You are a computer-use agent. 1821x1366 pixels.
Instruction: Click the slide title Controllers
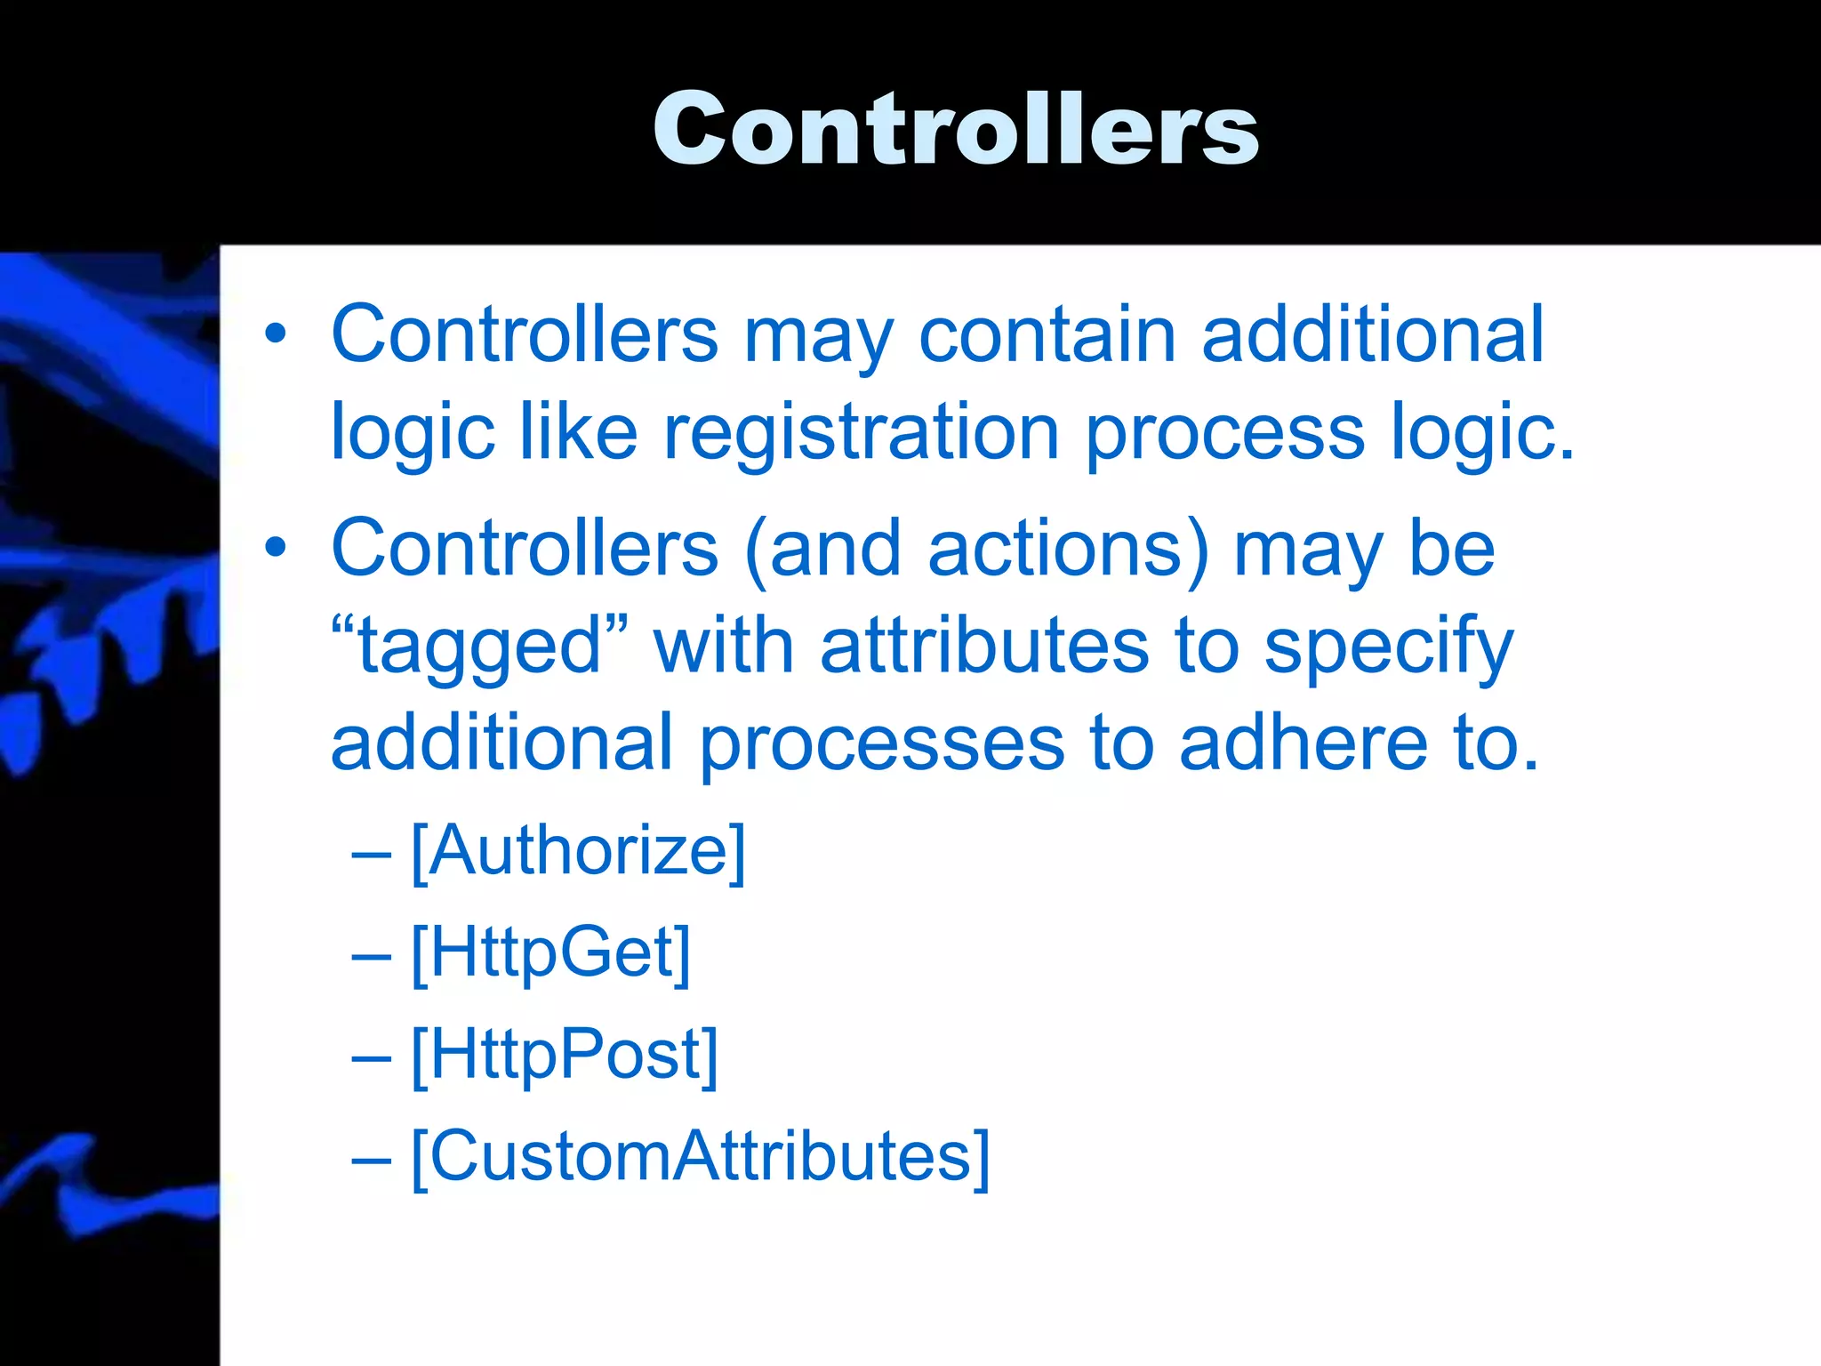click(956, 129)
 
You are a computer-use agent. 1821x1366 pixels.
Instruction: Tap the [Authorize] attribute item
click(578, 851)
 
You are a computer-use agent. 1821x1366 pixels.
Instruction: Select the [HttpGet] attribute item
click(550, 953)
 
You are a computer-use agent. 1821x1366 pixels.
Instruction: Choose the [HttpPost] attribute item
click(565, 1056)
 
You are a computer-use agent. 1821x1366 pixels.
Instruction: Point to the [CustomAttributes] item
click(700, 1156)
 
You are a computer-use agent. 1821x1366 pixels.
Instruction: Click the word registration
click(861, 433)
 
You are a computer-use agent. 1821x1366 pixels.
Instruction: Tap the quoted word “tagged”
click(480, 647)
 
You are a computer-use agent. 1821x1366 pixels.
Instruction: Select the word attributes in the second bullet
click(984, 647)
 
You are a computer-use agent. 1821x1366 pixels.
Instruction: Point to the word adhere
click(1304, 743)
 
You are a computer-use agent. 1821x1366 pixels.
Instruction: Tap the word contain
click(1047, 334)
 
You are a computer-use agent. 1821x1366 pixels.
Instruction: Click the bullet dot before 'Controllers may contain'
click(276, 334)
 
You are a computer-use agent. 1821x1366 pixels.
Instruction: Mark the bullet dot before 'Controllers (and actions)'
click(276, 548)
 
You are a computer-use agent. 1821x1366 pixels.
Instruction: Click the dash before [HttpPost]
click(371, 1057)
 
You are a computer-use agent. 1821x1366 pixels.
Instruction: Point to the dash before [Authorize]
click(371, 854)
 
